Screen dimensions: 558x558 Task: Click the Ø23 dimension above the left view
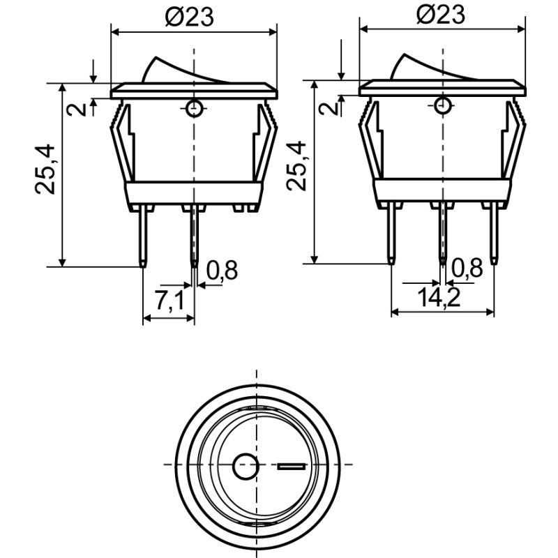(x=190, y=17)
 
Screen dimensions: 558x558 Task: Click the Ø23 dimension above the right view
(x=441, y=15)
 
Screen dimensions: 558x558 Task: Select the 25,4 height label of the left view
(x=45, y=169)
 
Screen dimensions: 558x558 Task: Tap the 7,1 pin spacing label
(x=169, y=300)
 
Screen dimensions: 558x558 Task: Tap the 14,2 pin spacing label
(x=439, y=298)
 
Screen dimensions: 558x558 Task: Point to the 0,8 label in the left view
(x=222, y=270)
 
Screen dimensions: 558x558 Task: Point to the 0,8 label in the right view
(x=467, y=268)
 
